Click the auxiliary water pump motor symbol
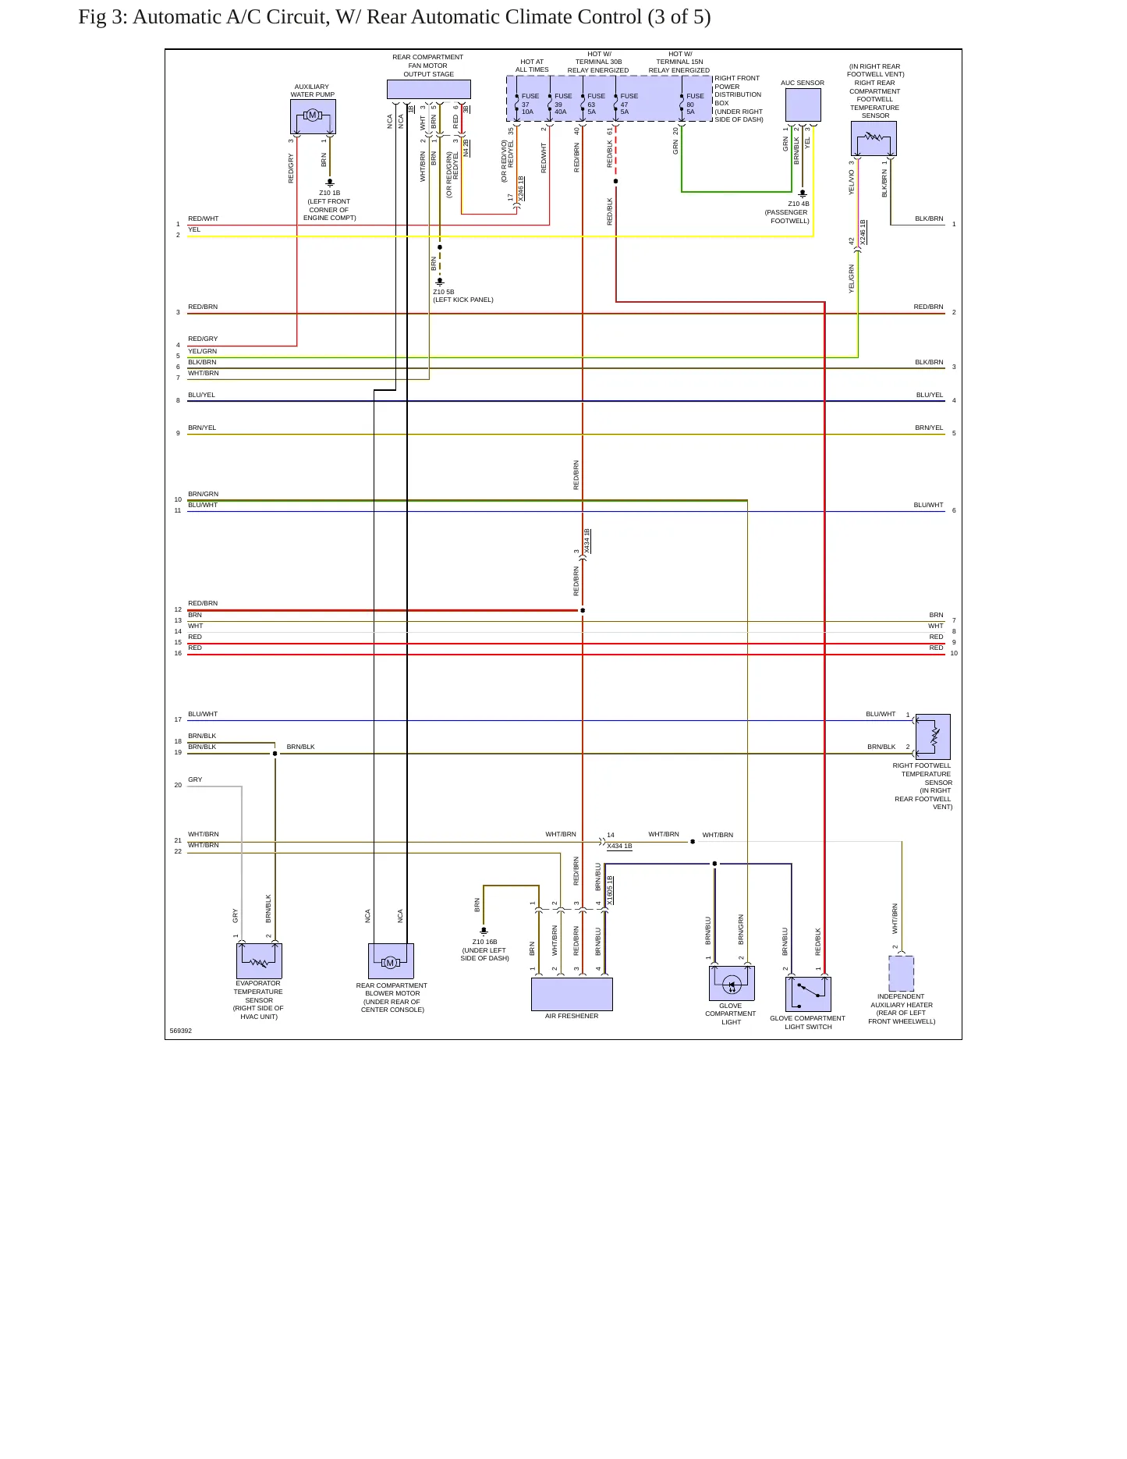point(313,116)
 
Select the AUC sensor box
point(803,105)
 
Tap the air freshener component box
point(572,994)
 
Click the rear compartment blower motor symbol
point(391,961)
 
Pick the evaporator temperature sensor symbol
point(259,961)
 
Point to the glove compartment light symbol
point(732,983)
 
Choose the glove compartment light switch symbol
point(808,994)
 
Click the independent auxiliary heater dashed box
point(901,974)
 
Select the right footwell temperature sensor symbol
point(933,737)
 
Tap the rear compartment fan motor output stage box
point(429,89)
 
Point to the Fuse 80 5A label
point(695,104)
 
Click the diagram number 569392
point(181,1031)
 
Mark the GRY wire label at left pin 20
point(195,779)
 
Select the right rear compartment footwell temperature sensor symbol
point(874,139)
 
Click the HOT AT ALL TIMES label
point(532,66)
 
